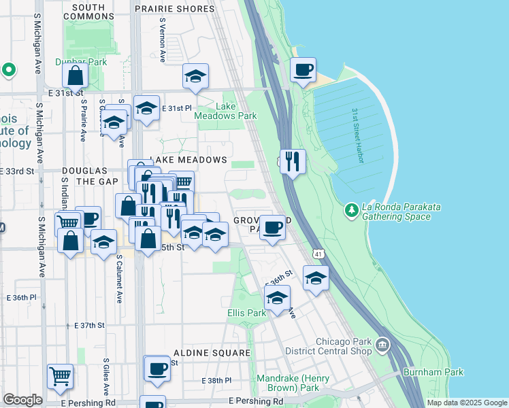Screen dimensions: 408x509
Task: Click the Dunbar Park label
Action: tap(88, 62)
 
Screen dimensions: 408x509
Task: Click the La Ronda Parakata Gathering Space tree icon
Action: tap(352, 210)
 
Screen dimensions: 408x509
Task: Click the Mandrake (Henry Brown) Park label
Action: tap(293, 383)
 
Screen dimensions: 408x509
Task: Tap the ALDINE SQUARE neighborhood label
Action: tap(212, 353)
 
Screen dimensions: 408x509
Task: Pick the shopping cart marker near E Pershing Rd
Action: tap(61, 376)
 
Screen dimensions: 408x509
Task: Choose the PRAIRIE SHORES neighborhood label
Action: tap(174, 9)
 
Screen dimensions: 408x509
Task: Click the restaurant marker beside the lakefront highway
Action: tap(293, 161)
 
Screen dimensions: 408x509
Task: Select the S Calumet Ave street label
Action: tap(119, 279)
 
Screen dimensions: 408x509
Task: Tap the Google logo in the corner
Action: tap(23, 400)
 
